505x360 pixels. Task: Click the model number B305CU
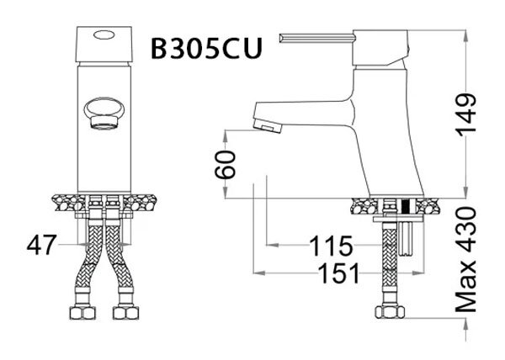pos(206,47)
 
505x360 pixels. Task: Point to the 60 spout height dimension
pos(226,163)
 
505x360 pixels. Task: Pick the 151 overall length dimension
pos(340,273)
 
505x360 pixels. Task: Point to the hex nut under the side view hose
pos(389,314)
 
